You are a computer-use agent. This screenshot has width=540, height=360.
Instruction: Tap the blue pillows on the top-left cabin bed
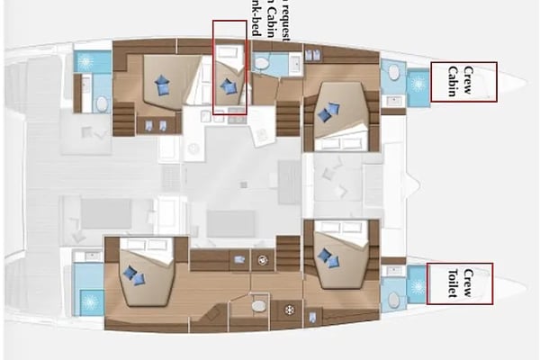point(163,85)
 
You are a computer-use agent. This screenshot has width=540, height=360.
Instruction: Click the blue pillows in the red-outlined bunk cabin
point(228,86)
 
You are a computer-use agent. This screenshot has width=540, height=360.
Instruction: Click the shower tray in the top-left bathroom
point(92,61)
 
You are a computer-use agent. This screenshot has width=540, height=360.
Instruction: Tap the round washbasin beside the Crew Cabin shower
point(392,72)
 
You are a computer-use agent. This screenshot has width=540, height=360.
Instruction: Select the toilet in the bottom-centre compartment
point(259,306)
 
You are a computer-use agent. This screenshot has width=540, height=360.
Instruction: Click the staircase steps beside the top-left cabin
point(123,120)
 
